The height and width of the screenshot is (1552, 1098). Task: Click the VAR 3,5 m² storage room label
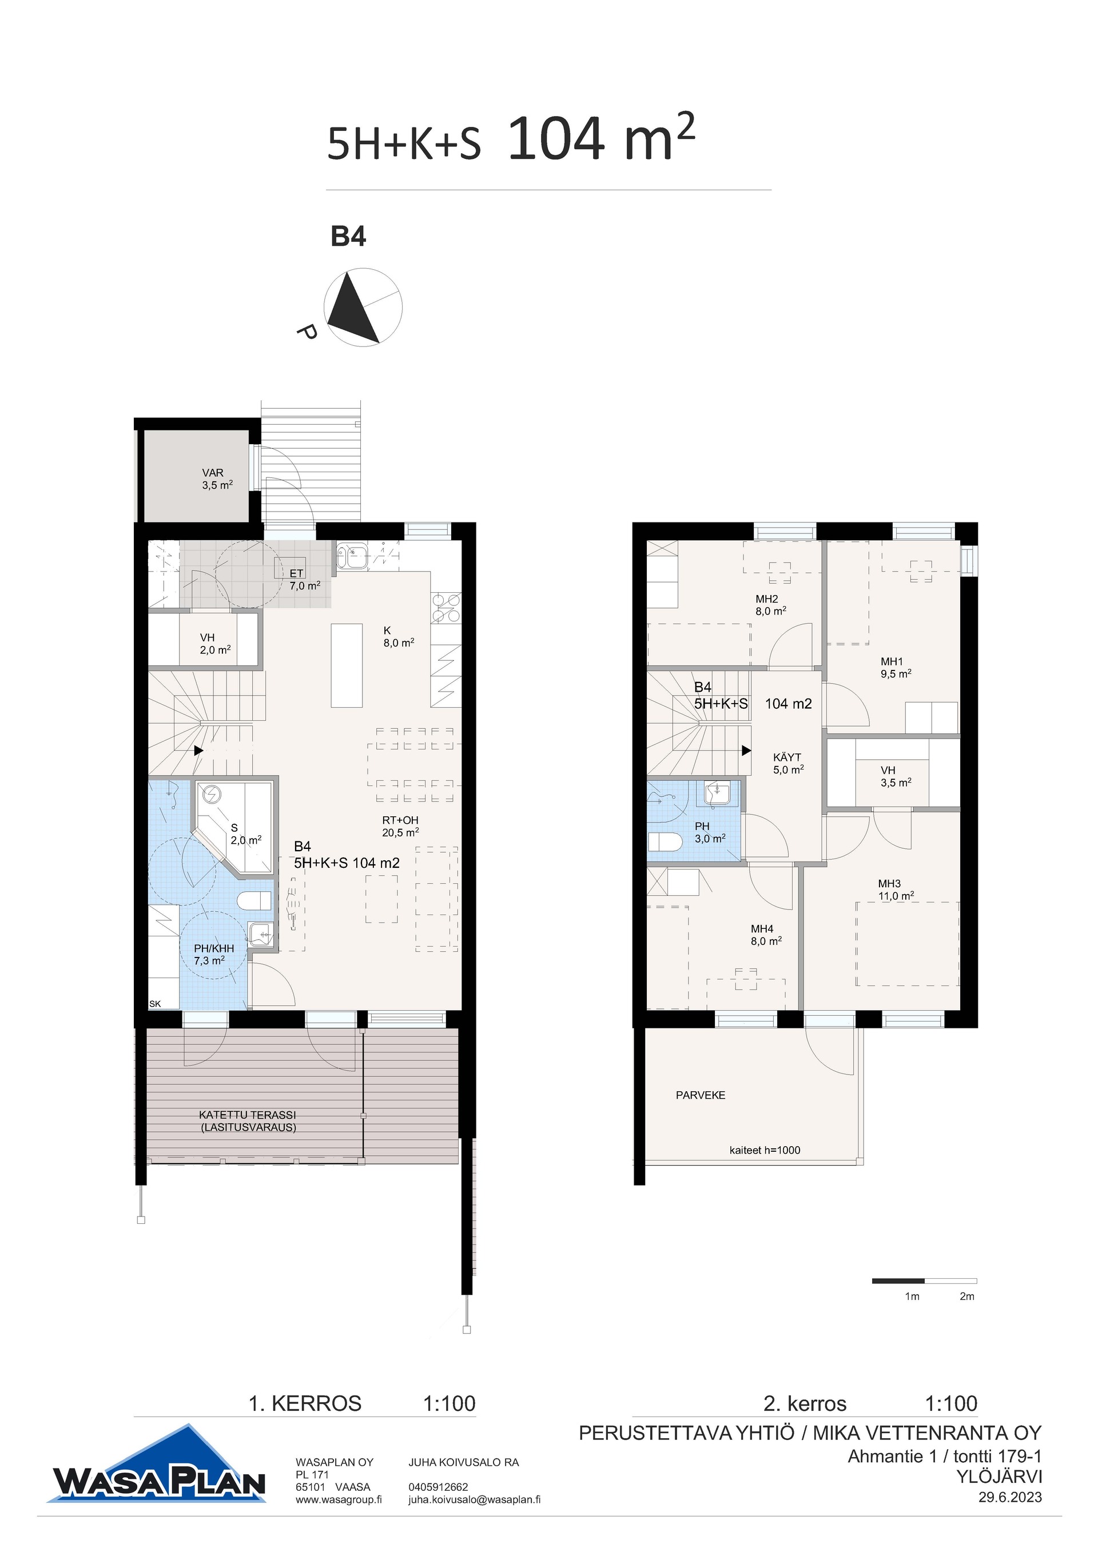[217, 478]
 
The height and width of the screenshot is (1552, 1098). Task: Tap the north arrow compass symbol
[363, 308]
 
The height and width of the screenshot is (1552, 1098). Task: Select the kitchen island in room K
[346, 665]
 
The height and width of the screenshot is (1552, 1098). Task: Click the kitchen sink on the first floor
[352, 558]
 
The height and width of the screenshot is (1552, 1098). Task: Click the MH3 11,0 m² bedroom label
[896, 889]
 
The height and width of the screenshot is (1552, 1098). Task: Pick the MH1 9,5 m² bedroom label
[896, 667]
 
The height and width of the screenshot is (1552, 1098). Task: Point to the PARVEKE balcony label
[701, 1095]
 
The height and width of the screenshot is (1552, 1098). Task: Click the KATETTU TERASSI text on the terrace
[248, 1115]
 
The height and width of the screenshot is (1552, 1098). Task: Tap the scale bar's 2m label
[967, 1296]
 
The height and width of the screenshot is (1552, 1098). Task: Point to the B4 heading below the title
[348, 237]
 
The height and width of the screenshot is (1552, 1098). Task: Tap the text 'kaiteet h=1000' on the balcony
[765, 1150]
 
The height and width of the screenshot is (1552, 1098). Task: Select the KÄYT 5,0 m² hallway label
[789, 763]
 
